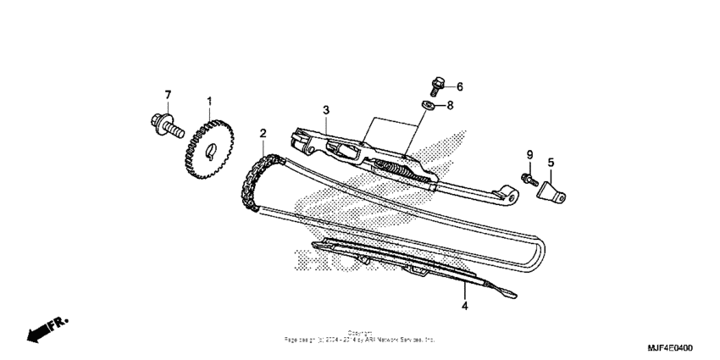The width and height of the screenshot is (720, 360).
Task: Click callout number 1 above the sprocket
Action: [x=209, y=102]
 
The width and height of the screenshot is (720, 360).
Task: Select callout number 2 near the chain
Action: [x=263, y=133]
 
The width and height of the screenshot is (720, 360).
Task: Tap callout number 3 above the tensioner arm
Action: [x=324, y=111]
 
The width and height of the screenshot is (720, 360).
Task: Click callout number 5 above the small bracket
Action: [x=550, y=162]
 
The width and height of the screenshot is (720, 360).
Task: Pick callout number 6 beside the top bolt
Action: [x=460, y=86]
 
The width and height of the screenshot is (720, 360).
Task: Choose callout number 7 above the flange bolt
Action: [x=168, y=94]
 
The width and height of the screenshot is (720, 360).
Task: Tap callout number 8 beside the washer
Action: [x=450, y=106]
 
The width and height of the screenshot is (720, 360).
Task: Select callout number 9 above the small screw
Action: [x=529, y=155]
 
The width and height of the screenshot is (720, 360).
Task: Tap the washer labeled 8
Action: [x=429, y=105]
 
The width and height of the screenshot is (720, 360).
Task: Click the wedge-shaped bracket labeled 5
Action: [x=553, y=188]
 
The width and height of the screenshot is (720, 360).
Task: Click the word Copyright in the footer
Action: [x=359, y=332]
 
